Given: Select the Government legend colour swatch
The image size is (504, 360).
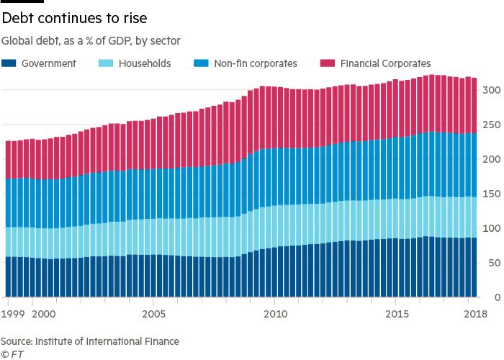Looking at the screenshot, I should tap(10, 63).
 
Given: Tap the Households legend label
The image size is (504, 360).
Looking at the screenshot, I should tap(145, 63).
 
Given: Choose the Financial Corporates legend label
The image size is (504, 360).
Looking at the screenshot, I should tap(384, 63).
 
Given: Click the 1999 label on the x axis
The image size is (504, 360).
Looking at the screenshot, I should tap(13, 314).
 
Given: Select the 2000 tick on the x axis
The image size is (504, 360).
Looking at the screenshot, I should tap(45, 314).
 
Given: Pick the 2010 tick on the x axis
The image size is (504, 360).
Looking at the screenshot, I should tap(274, 314).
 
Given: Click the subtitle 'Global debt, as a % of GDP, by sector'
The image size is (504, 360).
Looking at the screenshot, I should tap(90, 40).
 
